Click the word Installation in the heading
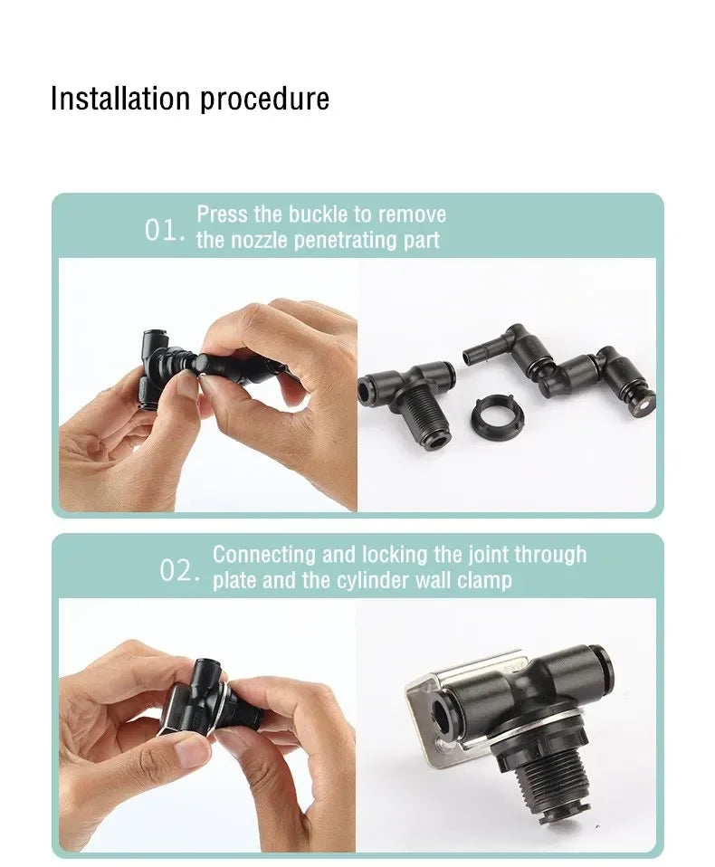tap(120, 99)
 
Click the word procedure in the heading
tap(264, 100)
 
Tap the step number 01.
tap(164, 230)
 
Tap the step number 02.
tap(179, 571)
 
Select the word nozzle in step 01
tap(259, 241)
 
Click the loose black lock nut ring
tap(494, 414)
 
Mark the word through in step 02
tap(550, 555)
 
